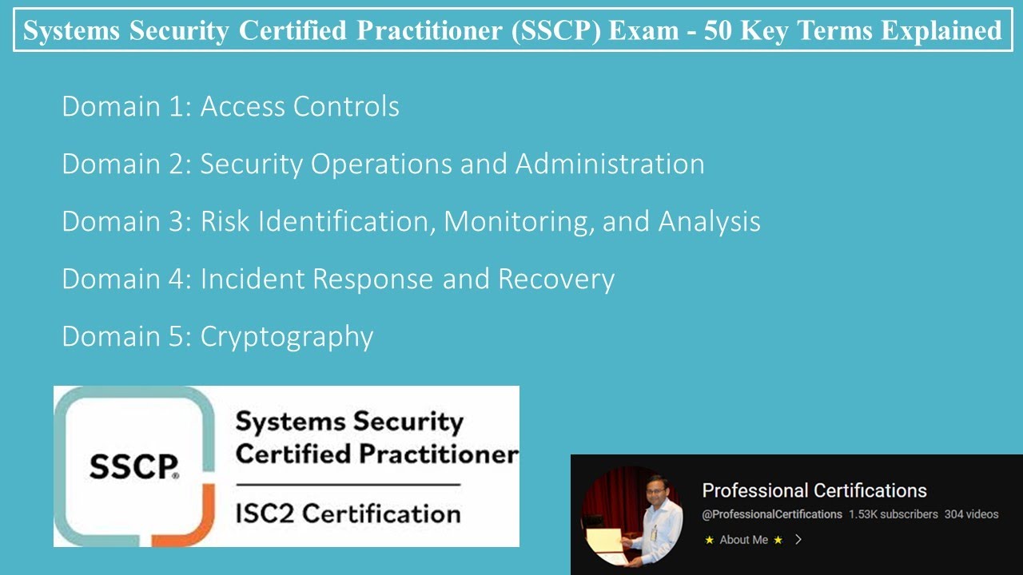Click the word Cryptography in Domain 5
click(x=286, y=337)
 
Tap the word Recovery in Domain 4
click(x=556, y=280)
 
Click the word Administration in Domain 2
click(x=610, y=165)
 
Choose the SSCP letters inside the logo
click(x=133, y=467)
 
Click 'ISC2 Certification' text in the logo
click(x=348, y=513)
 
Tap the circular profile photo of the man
click(x=631, y=516)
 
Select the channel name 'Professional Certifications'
click(x=814, y=490)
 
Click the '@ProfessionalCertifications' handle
click(x=771, y=514)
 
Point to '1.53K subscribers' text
click(x=893, y=514)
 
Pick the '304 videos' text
click(x=971, y=514)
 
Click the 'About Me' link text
click(x=743, y=540)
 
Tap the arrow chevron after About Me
click(x=798, y=540)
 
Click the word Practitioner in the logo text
click(x=437, y=454)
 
